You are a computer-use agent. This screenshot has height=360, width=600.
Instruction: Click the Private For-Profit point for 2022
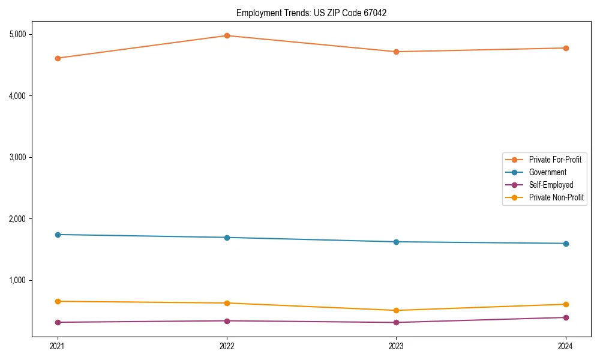click(227, 35)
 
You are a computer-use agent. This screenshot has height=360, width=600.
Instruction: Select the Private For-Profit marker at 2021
click(58, 58)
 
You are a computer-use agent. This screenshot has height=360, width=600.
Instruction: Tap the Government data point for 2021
click(58, 235)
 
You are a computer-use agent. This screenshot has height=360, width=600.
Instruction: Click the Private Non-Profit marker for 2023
click(396, 310)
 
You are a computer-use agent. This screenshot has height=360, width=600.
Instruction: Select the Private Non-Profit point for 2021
click(58, 301)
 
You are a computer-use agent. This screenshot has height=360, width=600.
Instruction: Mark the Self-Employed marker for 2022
click(227, 321)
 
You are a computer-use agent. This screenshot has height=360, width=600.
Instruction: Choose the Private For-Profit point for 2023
click(396, 52)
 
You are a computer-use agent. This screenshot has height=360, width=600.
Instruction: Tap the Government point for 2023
click(396, 242)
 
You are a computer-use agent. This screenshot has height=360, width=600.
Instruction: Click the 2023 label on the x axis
click(396, 346)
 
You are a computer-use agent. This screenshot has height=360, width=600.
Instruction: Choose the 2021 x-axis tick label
click(58, 346)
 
